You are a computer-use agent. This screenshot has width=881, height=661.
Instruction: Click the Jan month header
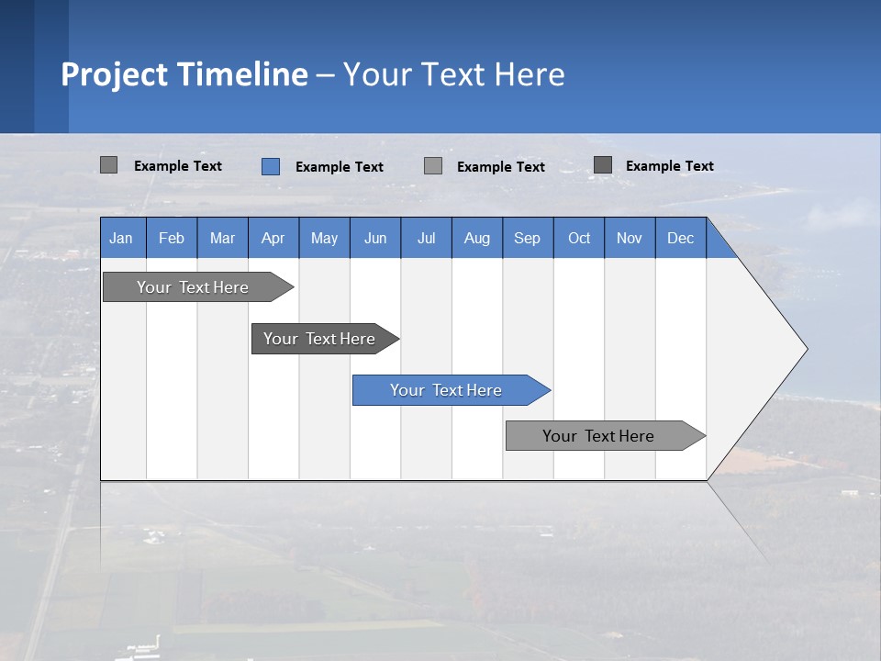tap(122, 238)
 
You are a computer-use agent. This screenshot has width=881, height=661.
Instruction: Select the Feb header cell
tap(172, 238)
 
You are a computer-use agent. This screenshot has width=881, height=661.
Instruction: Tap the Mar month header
tap(222, 238)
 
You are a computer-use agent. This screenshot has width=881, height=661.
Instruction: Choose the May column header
tap(324, 238)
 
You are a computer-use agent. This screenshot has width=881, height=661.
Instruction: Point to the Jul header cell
tap(426, 238)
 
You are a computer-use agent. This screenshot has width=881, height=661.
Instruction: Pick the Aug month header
tap(476, 238)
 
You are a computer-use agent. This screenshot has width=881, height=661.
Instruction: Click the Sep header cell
tap(527, 238)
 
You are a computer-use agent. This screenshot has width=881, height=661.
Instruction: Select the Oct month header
tap(579, 238)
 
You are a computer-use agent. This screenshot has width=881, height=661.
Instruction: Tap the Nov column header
tap(630, 238)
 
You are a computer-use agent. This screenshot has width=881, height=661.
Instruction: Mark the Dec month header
tap(680, 238)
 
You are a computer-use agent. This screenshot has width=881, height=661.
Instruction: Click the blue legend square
tap(271, 166)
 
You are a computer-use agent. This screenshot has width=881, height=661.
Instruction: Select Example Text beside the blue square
tap(339, 167)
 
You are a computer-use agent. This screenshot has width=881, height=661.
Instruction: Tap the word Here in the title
tap(530, 74)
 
